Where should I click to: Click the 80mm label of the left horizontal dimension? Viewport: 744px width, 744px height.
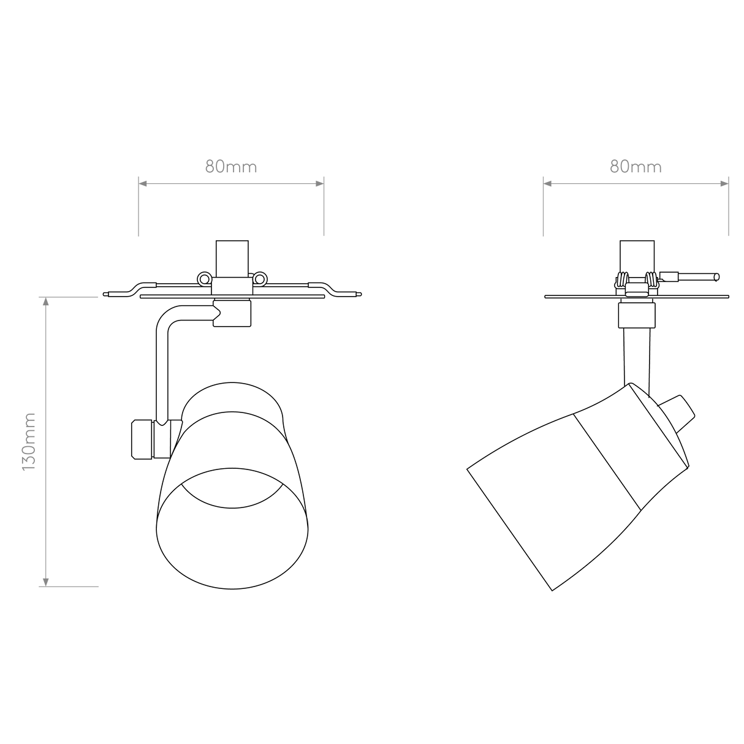(x=231, y=167)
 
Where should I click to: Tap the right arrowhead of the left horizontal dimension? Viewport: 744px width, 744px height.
(x=319, y=183)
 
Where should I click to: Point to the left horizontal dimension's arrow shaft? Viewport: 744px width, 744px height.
(x=231, y=183)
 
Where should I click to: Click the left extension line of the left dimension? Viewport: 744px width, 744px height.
(x=139, y=211)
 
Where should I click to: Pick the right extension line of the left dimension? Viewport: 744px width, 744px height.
(x=324, y=211)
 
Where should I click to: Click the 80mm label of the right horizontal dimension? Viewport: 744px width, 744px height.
(x=636, y=167)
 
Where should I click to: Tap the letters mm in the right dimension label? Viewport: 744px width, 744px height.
(x=647, y=167)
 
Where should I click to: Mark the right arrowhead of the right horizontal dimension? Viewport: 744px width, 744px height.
(x=724, y=183)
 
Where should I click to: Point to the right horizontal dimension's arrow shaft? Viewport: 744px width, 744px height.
(x=636, y=183)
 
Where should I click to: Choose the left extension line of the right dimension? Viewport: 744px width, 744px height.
(x=543, y=211)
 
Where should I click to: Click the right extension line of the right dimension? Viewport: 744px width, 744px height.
(x=729, y=211)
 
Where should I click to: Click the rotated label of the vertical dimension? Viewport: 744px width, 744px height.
(x=29, y=442)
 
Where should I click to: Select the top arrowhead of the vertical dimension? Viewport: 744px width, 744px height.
(x=45, y=303)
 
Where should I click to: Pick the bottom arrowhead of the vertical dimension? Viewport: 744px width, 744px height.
(x=45, y=581)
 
